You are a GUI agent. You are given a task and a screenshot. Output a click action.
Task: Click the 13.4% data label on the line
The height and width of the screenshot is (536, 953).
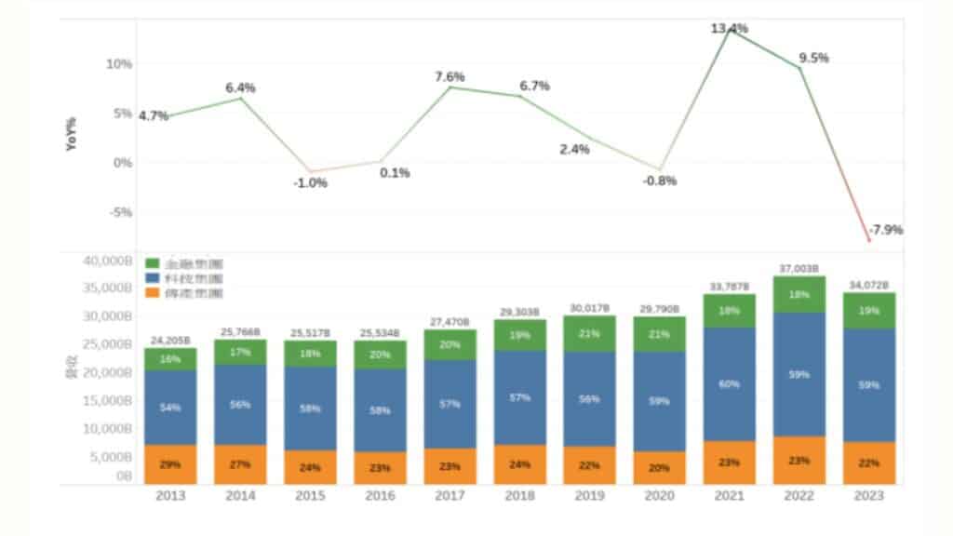(x=730, y=28)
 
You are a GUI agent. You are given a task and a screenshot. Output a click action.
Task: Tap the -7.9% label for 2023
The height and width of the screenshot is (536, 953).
(x=885, y=229)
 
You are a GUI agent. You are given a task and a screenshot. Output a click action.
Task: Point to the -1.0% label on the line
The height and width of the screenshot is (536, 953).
(x=309, y=182)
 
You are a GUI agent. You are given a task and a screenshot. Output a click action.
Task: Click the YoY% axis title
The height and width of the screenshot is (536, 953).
(x=72, y=134)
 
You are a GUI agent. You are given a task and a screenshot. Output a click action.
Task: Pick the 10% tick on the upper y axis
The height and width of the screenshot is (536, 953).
(x=118, y=64)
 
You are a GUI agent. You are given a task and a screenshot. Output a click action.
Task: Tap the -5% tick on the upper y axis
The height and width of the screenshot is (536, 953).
(x=121, y=212)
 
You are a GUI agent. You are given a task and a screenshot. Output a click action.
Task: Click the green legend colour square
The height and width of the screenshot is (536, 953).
(x=154, y=264)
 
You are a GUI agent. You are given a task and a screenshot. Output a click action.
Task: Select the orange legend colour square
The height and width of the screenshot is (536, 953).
(x=154, y=294)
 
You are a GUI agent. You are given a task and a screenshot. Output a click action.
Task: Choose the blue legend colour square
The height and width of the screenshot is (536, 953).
(x=154, y=279)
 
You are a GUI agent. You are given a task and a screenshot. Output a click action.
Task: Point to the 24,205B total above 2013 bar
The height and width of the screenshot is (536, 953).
(x=170, y=340)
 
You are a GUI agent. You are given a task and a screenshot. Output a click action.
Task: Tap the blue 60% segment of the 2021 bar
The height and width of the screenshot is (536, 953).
(x=730, y=382)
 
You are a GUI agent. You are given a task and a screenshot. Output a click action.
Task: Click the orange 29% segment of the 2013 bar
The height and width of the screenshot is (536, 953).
(x=170, y=463)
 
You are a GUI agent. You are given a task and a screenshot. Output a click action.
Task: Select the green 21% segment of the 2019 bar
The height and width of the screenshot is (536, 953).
(x=588, y=333)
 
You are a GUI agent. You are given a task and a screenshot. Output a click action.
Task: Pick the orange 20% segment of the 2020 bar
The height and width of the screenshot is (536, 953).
(x=659, y=468)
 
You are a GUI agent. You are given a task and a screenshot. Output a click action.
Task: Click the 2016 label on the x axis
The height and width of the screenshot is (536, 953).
(x=379, y=496)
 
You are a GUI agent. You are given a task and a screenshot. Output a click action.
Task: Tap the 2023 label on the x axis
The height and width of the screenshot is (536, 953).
(x=869, y=496)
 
